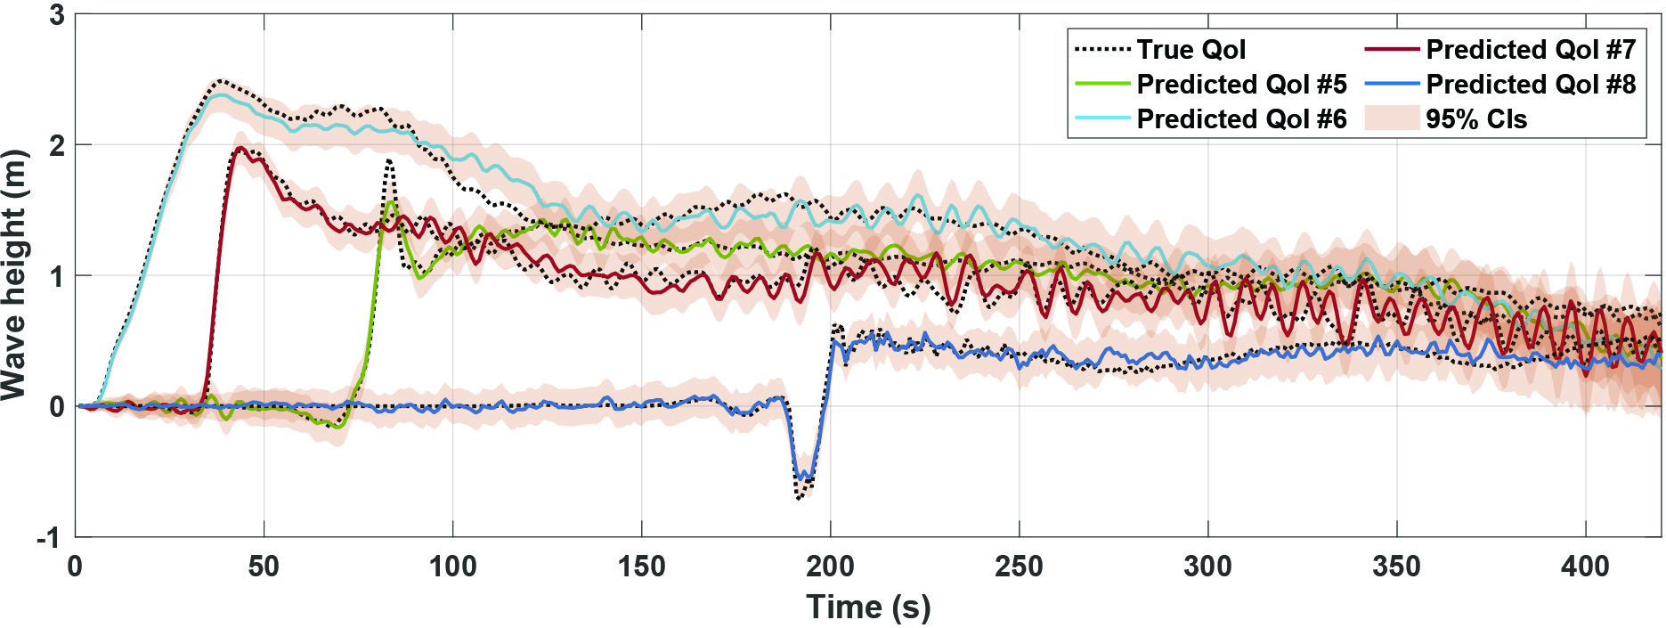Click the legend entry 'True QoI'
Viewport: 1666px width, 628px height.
[1191, 50]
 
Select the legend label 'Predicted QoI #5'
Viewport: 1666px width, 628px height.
[1241, 85]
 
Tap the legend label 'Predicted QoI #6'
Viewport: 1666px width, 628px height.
[1241, 119]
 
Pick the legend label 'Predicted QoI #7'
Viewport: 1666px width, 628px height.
[1531, 50]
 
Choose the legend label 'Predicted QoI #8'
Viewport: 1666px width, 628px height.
[1531, 85]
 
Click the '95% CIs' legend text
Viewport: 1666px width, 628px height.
[1476, 119]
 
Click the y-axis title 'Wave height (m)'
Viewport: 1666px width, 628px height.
[15, 275]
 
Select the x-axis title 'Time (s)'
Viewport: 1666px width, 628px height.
[868, 608]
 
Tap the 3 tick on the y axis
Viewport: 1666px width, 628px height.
[57, 15]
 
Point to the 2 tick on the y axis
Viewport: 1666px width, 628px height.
[57, 145]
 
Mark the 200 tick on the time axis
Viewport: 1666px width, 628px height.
[830, 567]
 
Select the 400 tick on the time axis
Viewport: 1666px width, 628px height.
[1585, 567]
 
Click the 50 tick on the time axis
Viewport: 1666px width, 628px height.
[264, 567]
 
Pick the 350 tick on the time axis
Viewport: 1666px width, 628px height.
[1396, 567]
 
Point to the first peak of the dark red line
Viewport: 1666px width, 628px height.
[240, 148]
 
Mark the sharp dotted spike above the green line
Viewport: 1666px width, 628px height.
[389, 161]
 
